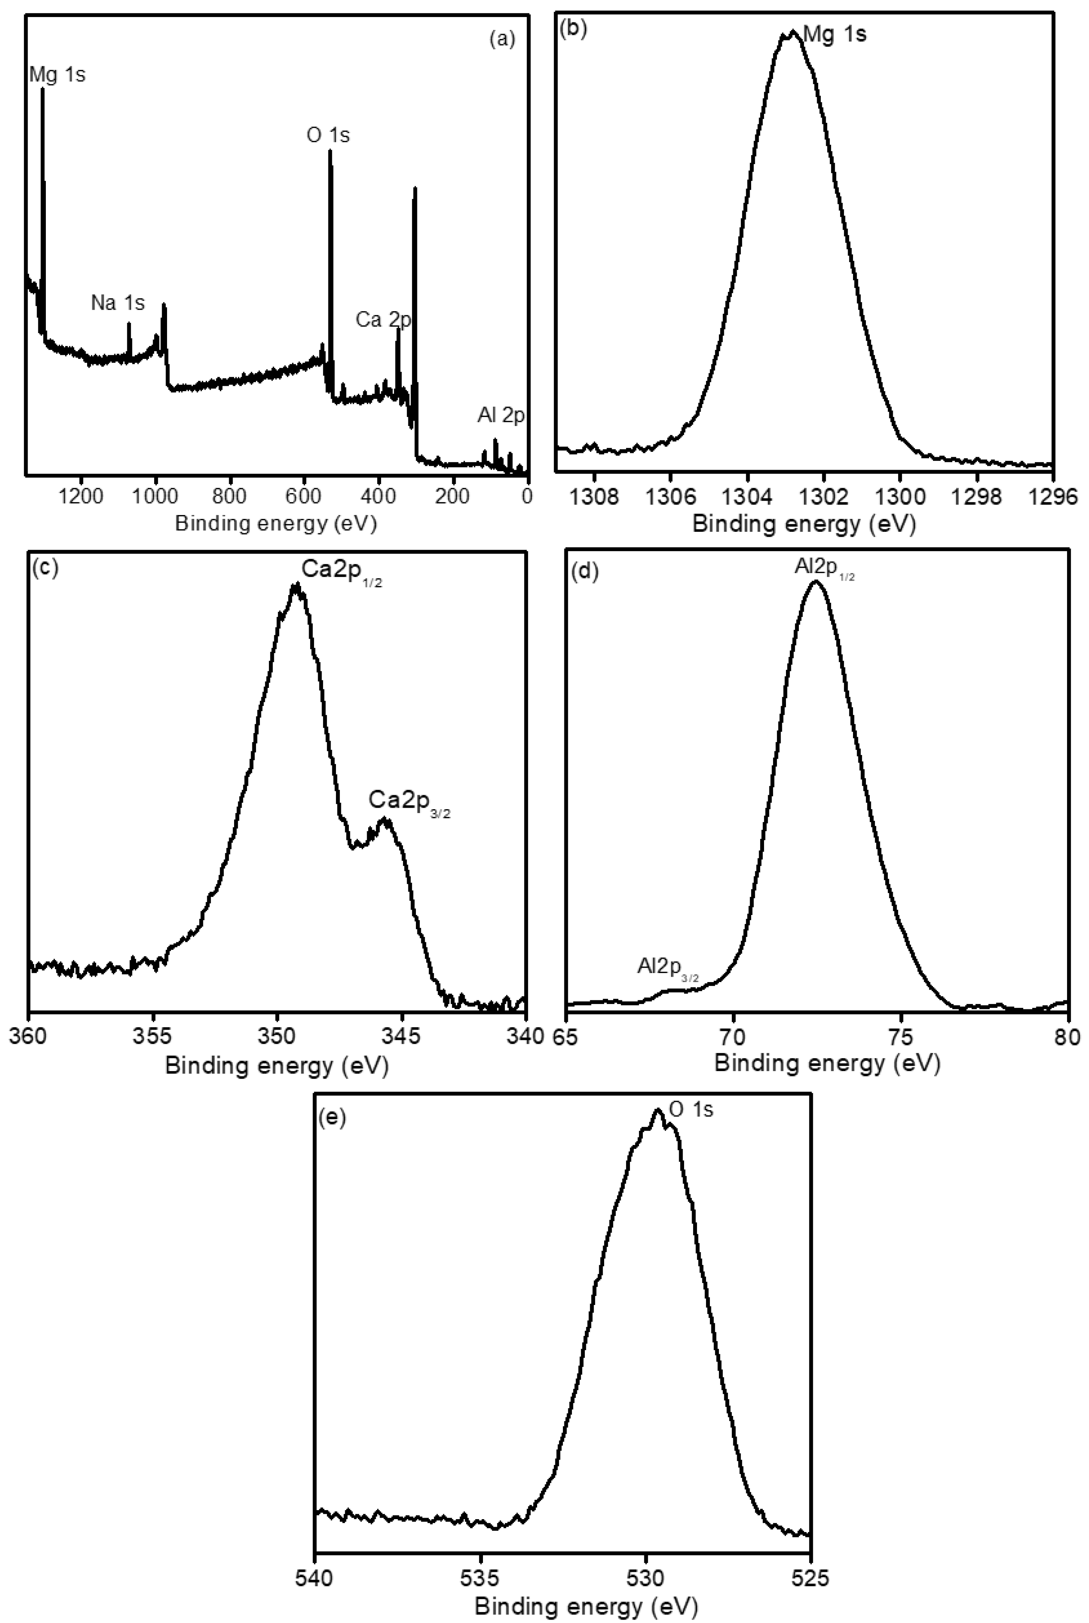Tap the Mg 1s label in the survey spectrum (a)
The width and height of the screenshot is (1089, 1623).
point(58,75)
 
